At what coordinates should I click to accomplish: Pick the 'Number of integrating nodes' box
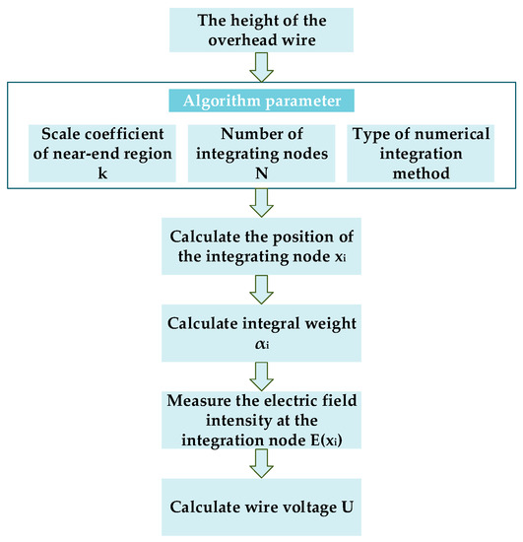coord(261,153)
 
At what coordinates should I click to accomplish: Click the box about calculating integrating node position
coord(261,246)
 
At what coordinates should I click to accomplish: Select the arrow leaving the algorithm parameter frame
coord(261,202)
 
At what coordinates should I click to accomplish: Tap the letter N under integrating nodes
coord(261,171)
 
